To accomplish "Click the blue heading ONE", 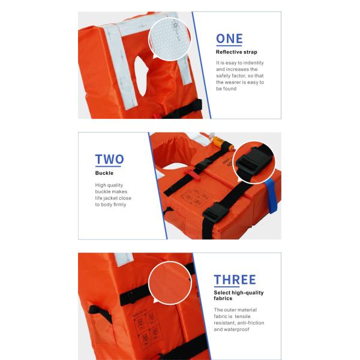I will click(229, 40).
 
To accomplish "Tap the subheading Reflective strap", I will click(236, 52).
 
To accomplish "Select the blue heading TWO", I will click(109, 160).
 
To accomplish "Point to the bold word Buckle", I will click(104, 173).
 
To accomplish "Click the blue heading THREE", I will click(235, 280).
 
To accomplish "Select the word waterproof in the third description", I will click(239, 329).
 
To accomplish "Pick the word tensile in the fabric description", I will click(247, 316).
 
